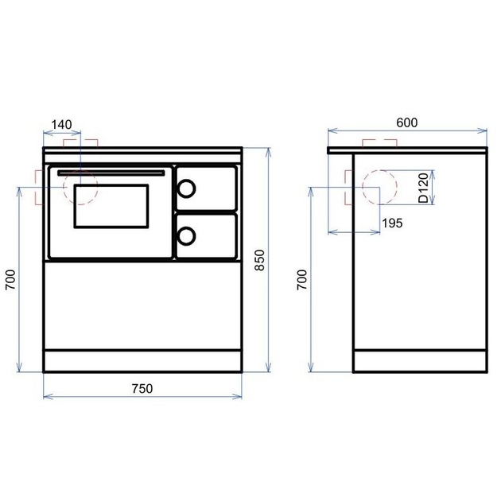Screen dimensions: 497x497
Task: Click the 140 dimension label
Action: click(x=61, y=125)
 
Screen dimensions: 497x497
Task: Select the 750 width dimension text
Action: click(x=142, y=388)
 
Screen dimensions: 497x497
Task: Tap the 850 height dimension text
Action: click(x=259, y=260)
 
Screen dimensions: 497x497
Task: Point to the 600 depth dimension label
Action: click(x=407, y=122)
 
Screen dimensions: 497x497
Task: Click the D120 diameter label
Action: click(x=423, y=188)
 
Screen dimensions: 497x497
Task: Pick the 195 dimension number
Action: click(x=392, y=223)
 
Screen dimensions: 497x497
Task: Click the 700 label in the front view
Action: click(x=10, y=280)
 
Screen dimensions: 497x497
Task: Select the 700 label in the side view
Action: click(x=302, y=280)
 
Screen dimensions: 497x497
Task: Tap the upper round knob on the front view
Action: click(x=186, y=188)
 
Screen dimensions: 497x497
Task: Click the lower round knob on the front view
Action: click(x=186, y=236)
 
